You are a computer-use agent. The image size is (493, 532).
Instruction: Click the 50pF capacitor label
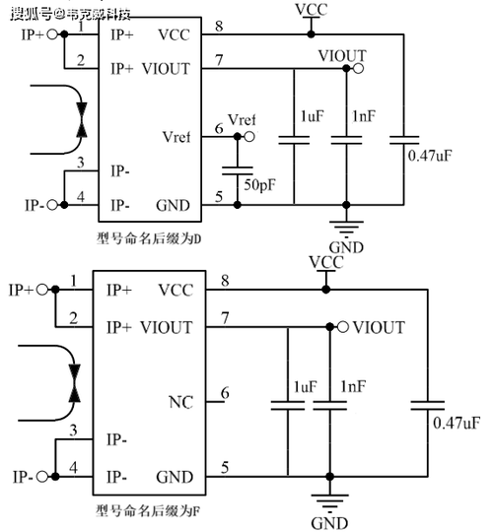tap(259, 185)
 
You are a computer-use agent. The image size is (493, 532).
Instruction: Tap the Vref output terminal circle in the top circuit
tap(249, 137)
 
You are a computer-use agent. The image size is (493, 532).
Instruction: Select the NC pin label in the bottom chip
tap(180, 402)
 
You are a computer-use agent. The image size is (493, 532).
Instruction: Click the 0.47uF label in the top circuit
tap(430, 156)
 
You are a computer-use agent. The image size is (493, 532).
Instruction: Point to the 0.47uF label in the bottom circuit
tap(457, 423)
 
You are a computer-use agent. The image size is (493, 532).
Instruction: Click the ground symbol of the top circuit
tap(346, 229)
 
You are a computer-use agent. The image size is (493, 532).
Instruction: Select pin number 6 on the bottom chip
tap(225, 393)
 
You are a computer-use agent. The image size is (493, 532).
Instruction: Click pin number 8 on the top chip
tap(219, 26)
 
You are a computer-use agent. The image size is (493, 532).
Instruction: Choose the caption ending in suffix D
tap(149, 238)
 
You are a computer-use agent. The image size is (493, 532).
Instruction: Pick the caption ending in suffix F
tap(148, 510)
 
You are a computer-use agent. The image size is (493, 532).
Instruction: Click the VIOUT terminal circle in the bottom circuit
tap(343, 327)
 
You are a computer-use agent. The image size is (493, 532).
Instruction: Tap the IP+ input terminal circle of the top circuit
tap(52, 34)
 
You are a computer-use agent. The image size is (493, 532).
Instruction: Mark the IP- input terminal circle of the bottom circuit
tap(42, 477)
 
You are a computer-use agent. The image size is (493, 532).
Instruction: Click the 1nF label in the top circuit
tap(364, 116)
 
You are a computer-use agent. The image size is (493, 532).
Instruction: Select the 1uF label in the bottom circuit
tap(306, 387)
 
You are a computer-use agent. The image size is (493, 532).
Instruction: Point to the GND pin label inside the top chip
tap(173, 206)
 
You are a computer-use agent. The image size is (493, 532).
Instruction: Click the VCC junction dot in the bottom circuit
tap(326, 290)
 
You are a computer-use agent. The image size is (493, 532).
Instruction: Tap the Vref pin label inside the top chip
tap(176, 137)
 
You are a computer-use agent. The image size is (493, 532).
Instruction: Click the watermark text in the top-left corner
tap(70, 14)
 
